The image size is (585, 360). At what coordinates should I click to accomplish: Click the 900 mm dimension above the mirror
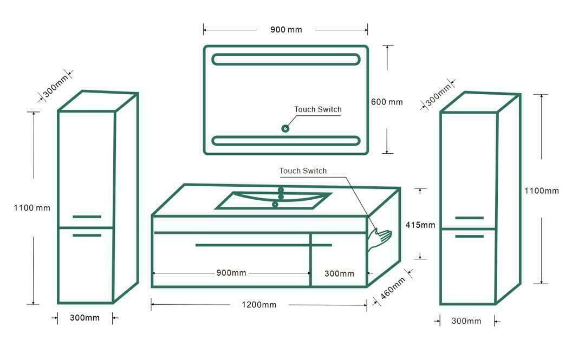coord(286,29)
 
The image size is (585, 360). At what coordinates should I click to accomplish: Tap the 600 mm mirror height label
coord(387,102)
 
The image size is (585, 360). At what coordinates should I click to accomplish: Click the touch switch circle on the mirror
coord(285,128)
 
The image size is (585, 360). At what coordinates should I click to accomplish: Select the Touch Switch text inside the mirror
coord(318,109)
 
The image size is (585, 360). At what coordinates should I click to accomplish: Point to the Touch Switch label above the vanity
coord(303,171)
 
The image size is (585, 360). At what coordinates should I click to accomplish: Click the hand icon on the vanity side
coord(379,239)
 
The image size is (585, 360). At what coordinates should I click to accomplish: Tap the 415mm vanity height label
coord(420,225)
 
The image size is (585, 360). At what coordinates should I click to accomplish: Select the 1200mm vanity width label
coord(259,305)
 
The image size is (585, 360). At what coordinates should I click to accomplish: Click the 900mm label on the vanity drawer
coord(231,273)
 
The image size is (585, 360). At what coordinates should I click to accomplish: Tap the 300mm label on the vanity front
coord(339,273)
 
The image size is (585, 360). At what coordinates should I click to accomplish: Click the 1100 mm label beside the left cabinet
coord(32,208)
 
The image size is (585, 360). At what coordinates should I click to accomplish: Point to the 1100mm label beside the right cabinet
coord(542,191)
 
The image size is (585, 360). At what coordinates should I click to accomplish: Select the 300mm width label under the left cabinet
coord(84,318)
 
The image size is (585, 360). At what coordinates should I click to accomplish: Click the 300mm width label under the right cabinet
coord(466,321)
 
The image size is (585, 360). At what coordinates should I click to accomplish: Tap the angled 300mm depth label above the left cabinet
coord(56,86)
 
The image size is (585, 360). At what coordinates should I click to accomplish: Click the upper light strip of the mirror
coord(286,60)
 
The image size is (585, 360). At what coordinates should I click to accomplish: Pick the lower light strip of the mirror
coord(286,141)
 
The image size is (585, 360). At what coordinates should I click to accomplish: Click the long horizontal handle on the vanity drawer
coord(263,245)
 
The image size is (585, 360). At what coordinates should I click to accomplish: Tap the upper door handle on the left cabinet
coord(87,217)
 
